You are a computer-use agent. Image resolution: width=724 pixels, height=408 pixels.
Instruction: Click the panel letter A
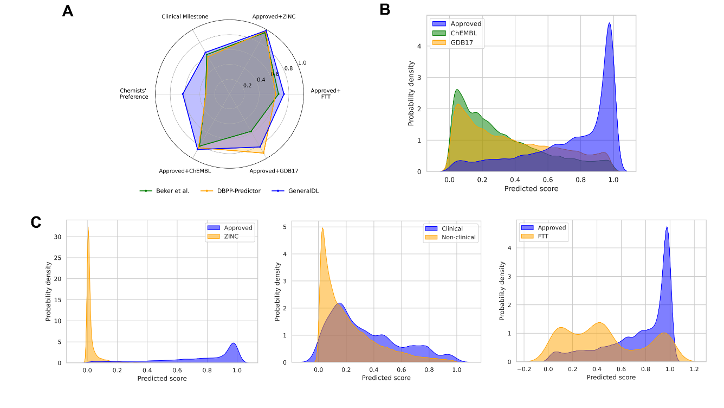pos(68,10)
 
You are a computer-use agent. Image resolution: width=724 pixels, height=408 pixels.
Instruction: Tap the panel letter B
pos(385,9)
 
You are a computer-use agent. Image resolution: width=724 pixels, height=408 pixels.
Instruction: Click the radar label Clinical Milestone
pos(185,17)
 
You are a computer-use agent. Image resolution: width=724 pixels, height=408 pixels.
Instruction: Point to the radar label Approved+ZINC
pos(274,17)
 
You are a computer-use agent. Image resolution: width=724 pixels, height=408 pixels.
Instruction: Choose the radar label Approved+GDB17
pos(273,171)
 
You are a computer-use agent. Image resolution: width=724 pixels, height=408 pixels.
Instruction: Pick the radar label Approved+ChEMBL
pos(185,171)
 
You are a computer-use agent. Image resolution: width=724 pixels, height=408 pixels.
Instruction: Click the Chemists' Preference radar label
pos(133,93)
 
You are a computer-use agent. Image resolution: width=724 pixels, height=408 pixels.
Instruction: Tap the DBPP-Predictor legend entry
pos(238,191)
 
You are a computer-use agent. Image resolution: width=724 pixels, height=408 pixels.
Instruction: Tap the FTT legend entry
pos(545,237)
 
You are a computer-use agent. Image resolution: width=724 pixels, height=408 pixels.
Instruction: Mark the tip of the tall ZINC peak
pos(88,227)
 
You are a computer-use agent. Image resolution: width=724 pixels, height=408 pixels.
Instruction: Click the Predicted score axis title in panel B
pos(531,189)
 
